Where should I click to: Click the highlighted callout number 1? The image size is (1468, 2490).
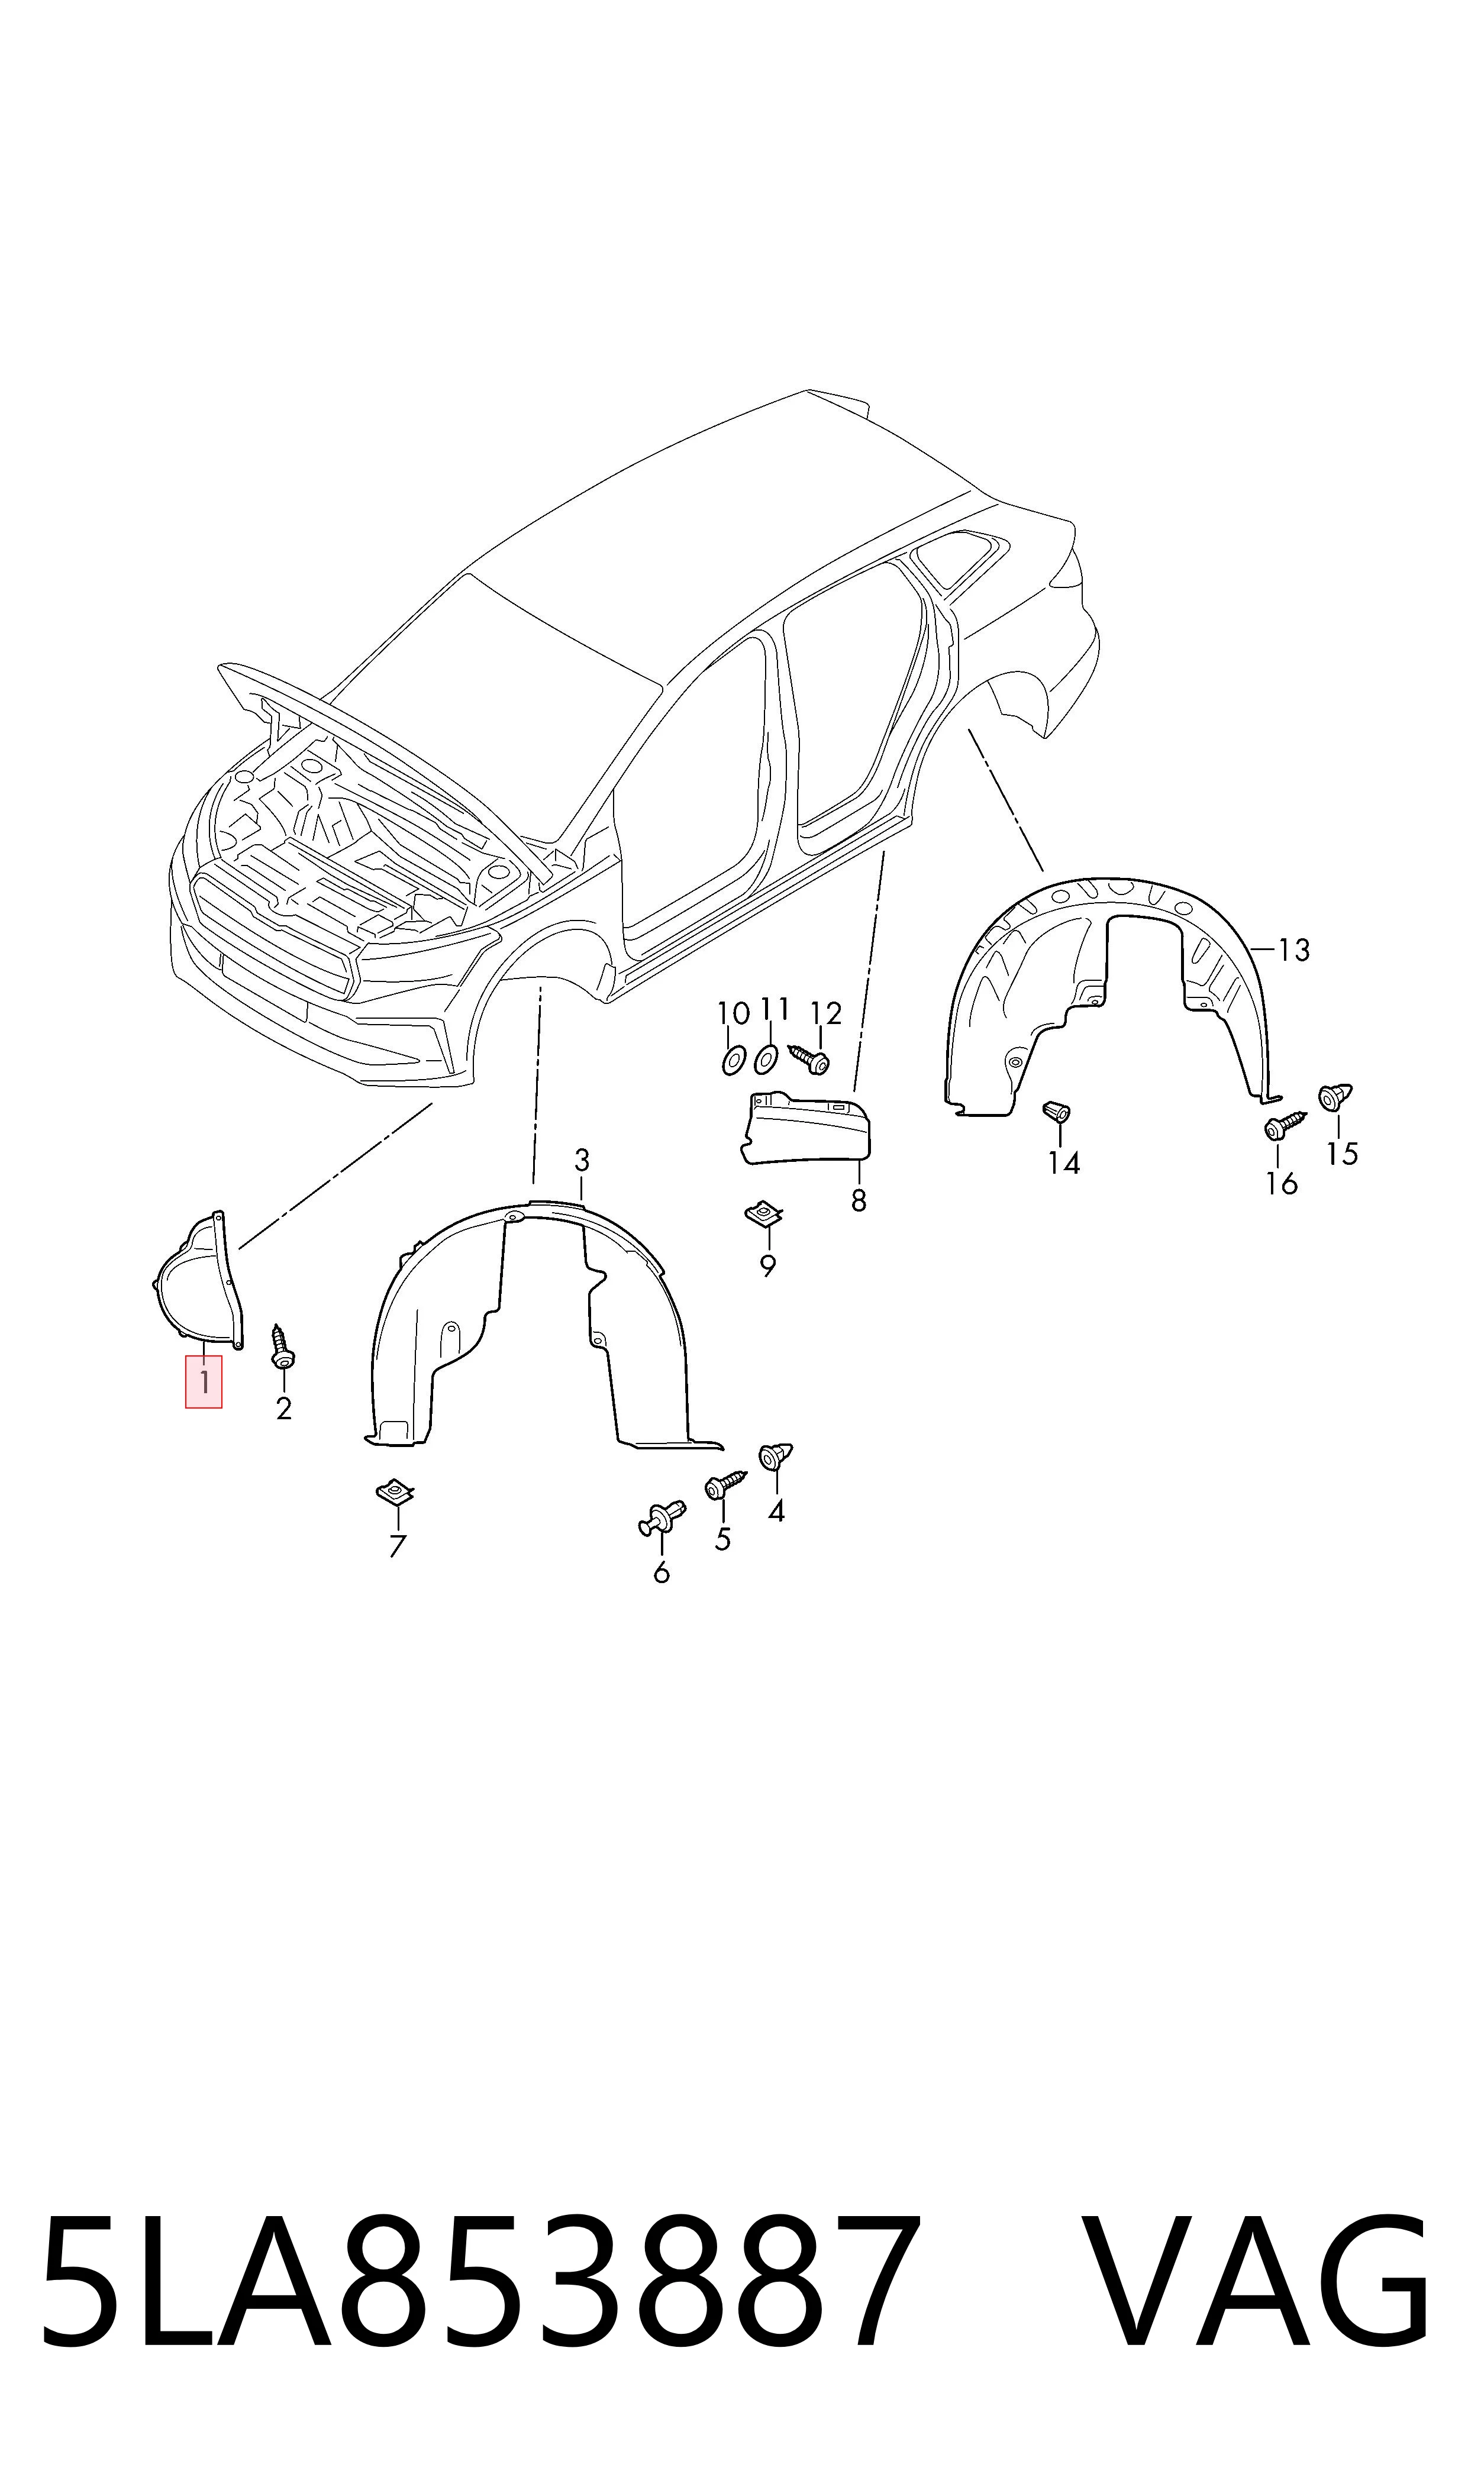pyautogui.click(x=204, y=1381)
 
